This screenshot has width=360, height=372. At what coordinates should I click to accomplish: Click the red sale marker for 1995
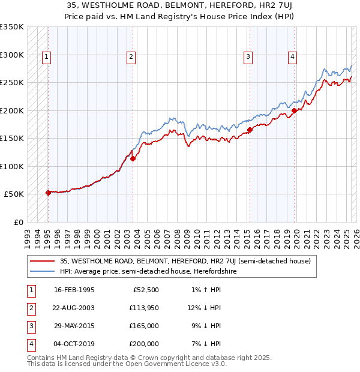48,193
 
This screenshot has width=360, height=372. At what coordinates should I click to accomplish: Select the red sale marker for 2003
133,158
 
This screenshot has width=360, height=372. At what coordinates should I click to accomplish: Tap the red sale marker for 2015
250,130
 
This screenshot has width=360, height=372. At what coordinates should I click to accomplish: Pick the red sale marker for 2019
294,110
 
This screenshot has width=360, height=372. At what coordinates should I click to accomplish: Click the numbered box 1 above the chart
46,57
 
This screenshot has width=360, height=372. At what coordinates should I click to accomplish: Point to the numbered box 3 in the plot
248,57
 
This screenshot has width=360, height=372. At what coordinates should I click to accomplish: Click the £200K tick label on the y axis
11,110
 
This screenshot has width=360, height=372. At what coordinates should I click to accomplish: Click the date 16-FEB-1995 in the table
74,290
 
